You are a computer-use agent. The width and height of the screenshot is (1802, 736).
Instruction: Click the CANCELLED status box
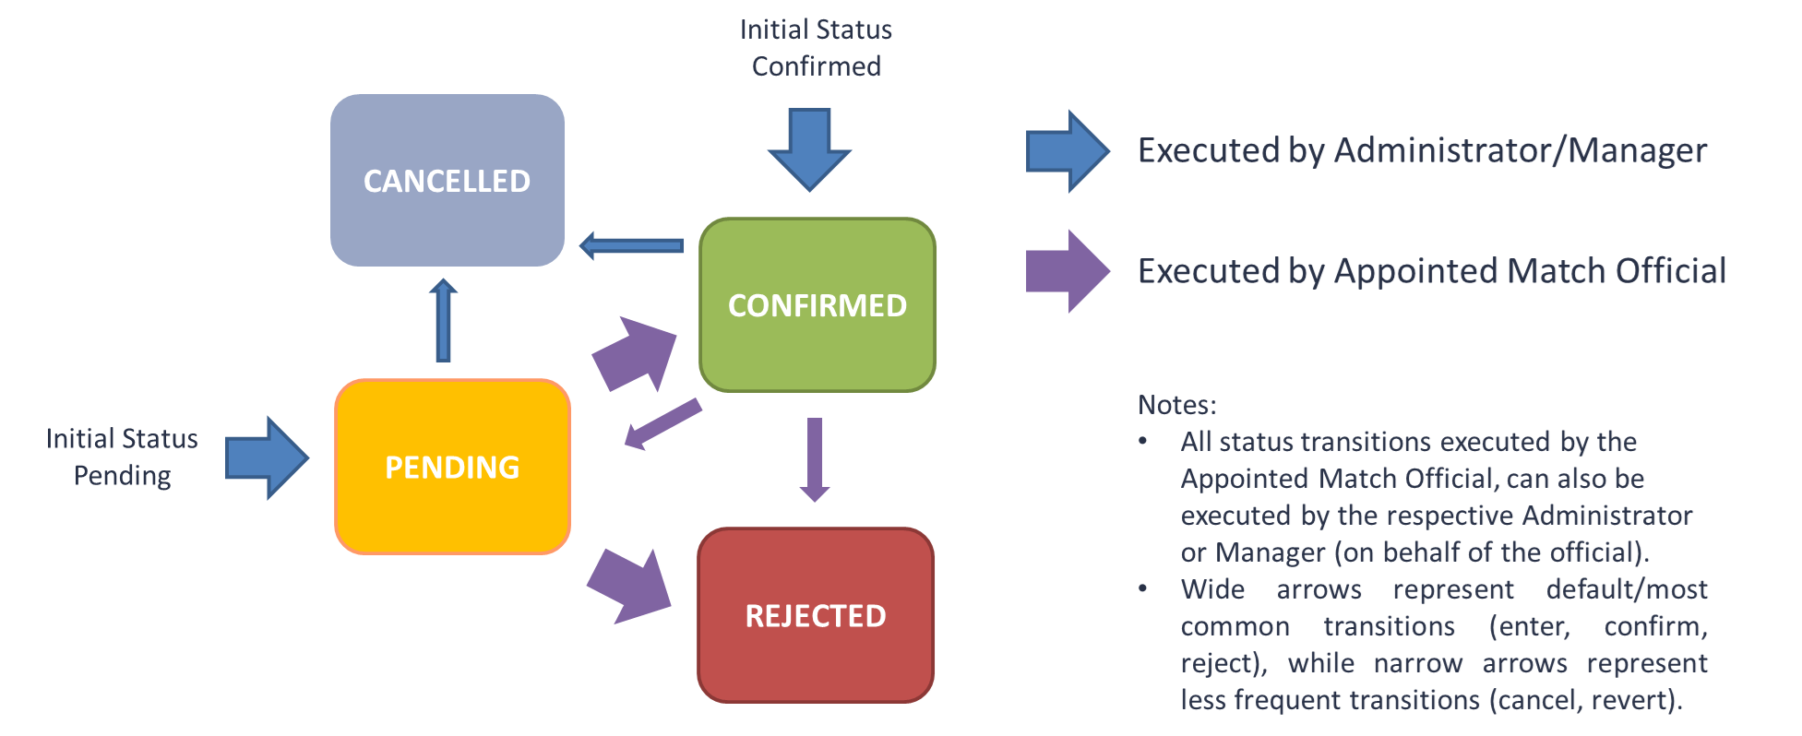pos(448,181)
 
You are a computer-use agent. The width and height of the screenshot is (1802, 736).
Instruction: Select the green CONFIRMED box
pos(817,305)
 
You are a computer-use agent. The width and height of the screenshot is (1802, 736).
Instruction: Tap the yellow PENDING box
pos(452,467)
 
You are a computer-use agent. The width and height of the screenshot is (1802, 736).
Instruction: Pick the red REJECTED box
pos(816,615)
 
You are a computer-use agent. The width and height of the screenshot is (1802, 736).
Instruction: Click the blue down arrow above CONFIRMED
pos(809,148)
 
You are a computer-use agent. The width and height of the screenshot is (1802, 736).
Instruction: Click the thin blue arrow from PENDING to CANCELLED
pos(443,320)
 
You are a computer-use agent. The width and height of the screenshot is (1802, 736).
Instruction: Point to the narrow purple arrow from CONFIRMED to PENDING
pos(662,424)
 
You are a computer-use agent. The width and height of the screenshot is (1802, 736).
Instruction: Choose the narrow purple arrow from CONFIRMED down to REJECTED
pos(814,458)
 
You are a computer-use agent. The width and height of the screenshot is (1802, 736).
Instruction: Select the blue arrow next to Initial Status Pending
pos(267,457)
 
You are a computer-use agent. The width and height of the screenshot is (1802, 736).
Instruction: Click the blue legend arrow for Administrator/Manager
pos(1067,151)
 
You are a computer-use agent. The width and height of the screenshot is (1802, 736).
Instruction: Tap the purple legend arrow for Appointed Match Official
pos(1067,271)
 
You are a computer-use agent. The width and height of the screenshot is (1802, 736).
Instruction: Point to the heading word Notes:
pos(1176,405)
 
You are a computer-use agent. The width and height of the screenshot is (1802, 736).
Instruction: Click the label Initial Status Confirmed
pos(816,48)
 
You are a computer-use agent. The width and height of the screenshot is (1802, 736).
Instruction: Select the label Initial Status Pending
pos(122,457)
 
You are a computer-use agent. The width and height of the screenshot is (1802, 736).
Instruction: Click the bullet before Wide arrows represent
pos(1142,588)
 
